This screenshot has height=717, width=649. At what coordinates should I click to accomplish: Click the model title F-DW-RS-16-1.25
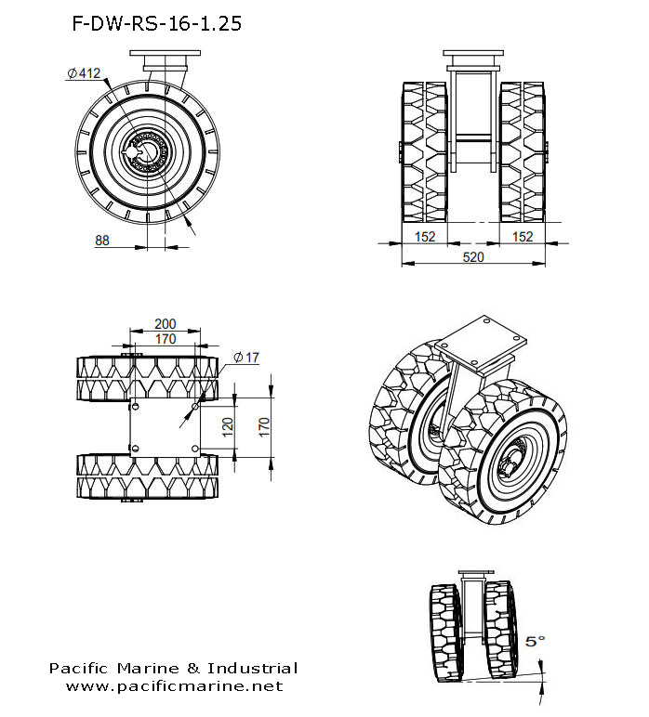tap(156, 24)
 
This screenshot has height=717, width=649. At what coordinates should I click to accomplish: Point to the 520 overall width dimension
tap(473, 257)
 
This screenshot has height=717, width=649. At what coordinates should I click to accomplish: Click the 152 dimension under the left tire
tap(424, 237)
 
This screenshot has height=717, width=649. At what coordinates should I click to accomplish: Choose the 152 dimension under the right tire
tap(523, 237)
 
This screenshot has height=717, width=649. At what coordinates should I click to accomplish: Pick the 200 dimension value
tap(165, 324)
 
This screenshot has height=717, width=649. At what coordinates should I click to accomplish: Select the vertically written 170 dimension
tap(264, 427)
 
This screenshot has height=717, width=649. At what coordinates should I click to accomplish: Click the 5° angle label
tap(536, 641)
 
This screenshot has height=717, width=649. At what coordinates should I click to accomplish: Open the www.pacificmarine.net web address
tap(174, 686)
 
